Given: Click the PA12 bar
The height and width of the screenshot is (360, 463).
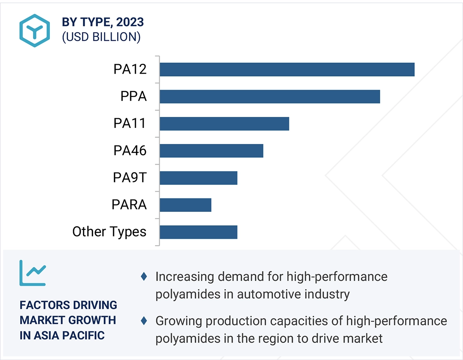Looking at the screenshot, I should [287, 69].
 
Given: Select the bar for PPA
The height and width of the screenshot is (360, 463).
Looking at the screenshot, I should [270, 97].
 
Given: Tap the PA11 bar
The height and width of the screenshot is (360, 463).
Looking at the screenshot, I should [224, 124].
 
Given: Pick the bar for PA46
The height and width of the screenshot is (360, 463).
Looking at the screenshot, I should [211, 151].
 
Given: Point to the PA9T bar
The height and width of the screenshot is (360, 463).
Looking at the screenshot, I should [198, 178].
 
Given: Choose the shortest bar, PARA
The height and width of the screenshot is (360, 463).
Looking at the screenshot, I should [185, 205].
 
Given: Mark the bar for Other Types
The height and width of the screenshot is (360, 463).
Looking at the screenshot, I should [198, 232].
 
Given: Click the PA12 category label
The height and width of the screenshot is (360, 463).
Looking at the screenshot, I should [130, 69].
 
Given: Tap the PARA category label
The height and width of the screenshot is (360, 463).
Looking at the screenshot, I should [129, 205].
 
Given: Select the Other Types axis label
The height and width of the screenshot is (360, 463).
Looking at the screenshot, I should [109, 232].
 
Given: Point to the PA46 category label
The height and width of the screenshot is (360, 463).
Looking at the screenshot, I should [130, 150].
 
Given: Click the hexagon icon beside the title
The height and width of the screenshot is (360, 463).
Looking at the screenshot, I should [35, 30].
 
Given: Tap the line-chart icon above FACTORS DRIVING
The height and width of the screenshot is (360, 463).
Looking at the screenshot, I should [32, 273].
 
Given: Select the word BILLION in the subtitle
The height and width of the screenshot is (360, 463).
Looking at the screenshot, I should [116, 37].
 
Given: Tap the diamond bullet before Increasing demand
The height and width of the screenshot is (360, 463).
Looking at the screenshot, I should [144, 276].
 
